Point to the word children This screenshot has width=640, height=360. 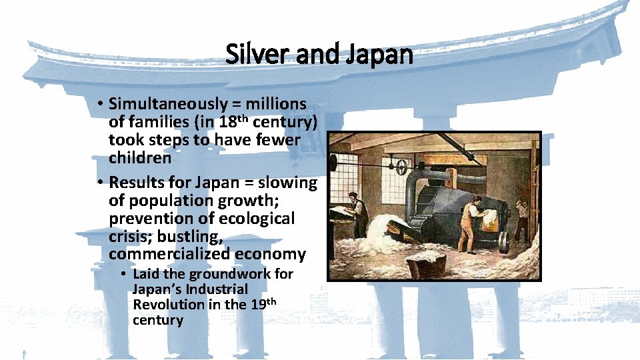coord(140,159)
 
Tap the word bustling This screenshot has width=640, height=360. coord(189,237)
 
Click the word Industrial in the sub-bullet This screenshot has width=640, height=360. coord(217,289)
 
